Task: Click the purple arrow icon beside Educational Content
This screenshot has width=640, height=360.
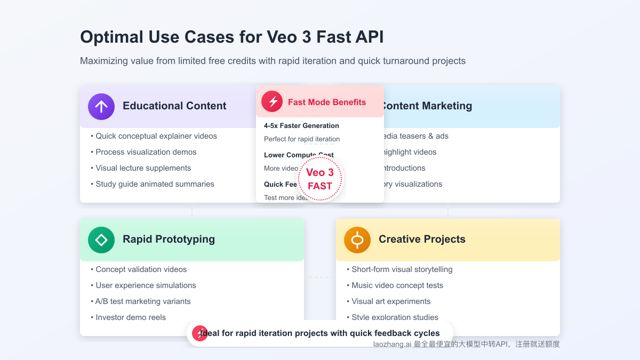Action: point(101,107)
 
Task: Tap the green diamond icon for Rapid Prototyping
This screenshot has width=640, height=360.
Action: point(101,240)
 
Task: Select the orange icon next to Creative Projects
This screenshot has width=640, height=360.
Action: point(357,240)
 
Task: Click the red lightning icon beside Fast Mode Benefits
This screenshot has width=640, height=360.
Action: point(272,101)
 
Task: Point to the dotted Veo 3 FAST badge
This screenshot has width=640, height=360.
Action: point(319,179)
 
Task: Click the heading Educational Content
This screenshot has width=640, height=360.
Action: point(174,106)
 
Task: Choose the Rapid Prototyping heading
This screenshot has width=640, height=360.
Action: point(169,239)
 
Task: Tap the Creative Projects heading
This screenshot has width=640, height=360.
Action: point(422,239)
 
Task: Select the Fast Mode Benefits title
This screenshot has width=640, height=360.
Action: point(327,102)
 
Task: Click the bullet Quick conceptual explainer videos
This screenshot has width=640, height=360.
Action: point(156,136)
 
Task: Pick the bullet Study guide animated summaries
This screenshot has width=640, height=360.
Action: point(155,184)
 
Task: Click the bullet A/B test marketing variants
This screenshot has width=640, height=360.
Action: point(143,301)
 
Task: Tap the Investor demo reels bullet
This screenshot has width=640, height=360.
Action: point(131,317)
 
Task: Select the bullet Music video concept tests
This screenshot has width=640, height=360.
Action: point(397,285)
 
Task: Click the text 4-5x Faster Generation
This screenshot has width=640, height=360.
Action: point(301,126)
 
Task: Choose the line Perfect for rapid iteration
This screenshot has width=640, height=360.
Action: point(302,139)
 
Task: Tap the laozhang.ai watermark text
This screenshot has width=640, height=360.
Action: point(392,345)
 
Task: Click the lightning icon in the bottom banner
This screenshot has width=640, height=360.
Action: point(200,333)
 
